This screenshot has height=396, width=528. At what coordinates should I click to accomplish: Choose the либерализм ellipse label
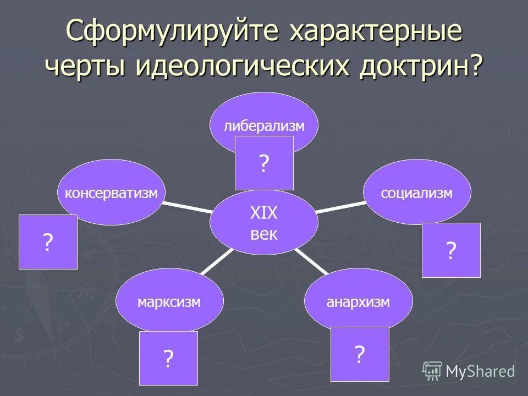click(x=263, y=126)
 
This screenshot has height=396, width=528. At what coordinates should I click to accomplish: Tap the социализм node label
click(x=417, y=193)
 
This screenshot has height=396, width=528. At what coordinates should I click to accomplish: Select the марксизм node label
click(x=169, y=302)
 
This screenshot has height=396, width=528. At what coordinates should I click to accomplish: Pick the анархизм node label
click(x=358, y=302)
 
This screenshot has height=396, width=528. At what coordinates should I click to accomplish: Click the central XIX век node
click(x=264, y=223)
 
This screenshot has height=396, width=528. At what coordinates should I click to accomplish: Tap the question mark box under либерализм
click(x=264, y=163)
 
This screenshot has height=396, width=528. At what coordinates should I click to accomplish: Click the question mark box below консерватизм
click(x=48, y=242)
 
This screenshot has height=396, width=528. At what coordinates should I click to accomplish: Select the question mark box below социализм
click(x=451, y=250)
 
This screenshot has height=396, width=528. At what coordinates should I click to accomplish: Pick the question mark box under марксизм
click(x=168, y=358)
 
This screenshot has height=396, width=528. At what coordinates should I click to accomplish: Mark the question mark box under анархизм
click(x=359, y=354)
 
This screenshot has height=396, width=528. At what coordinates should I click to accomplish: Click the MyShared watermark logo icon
click(x=432, y=371)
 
